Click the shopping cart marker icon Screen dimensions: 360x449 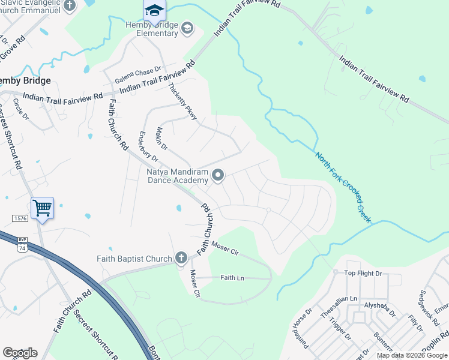point(42,208)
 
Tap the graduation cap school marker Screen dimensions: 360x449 point(154,10)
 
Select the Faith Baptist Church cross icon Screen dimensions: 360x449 point(181,259)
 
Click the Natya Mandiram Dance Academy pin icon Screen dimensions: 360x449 point(218,175)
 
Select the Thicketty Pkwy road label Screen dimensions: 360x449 point(183,100)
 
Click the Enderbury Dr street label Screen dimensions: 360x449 point(148,148)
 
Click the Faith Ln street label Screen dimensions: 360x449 point(232,277)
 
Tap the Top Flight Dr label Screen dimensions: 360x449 point(363,274)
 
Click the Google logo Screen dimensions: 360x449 point(20,353)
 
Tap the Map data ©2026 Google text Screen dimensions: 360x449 point(411,355)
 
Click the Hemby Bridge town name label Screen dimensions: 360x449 point(25,80)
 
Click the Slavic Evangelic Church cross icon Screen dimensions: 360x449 point(70,5)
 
